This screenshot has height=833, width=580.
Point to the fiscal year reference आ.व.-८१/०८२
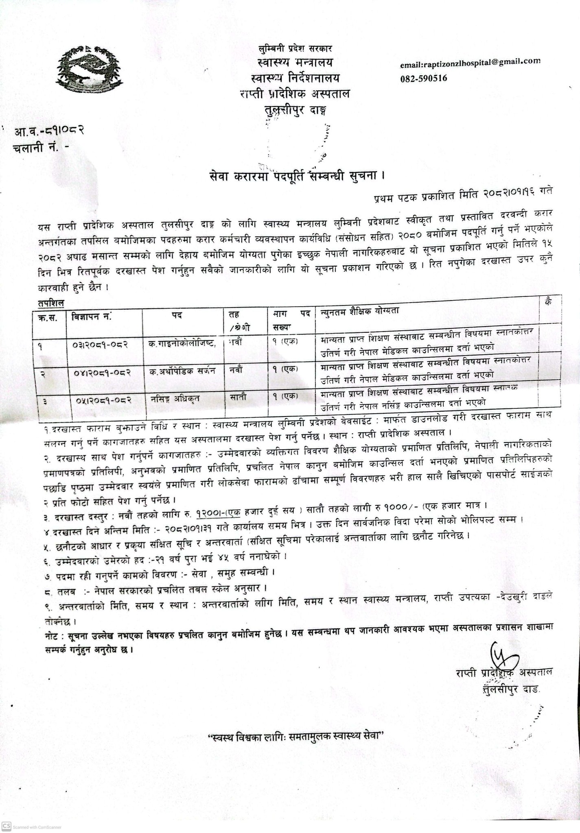(x=49, y=131)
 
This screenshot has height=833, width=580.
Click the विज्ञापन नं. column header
(x=92, y=315)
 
